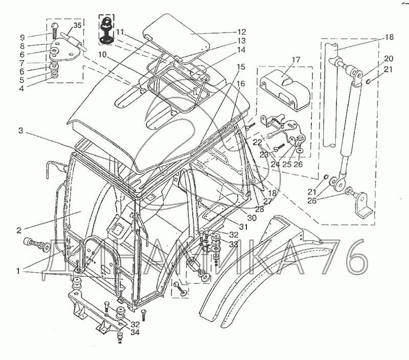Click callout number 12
pos(241,31)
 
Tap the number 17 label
pos(295,60)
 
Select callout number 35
pos(77,25)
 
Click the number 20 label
pos(389,58)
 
